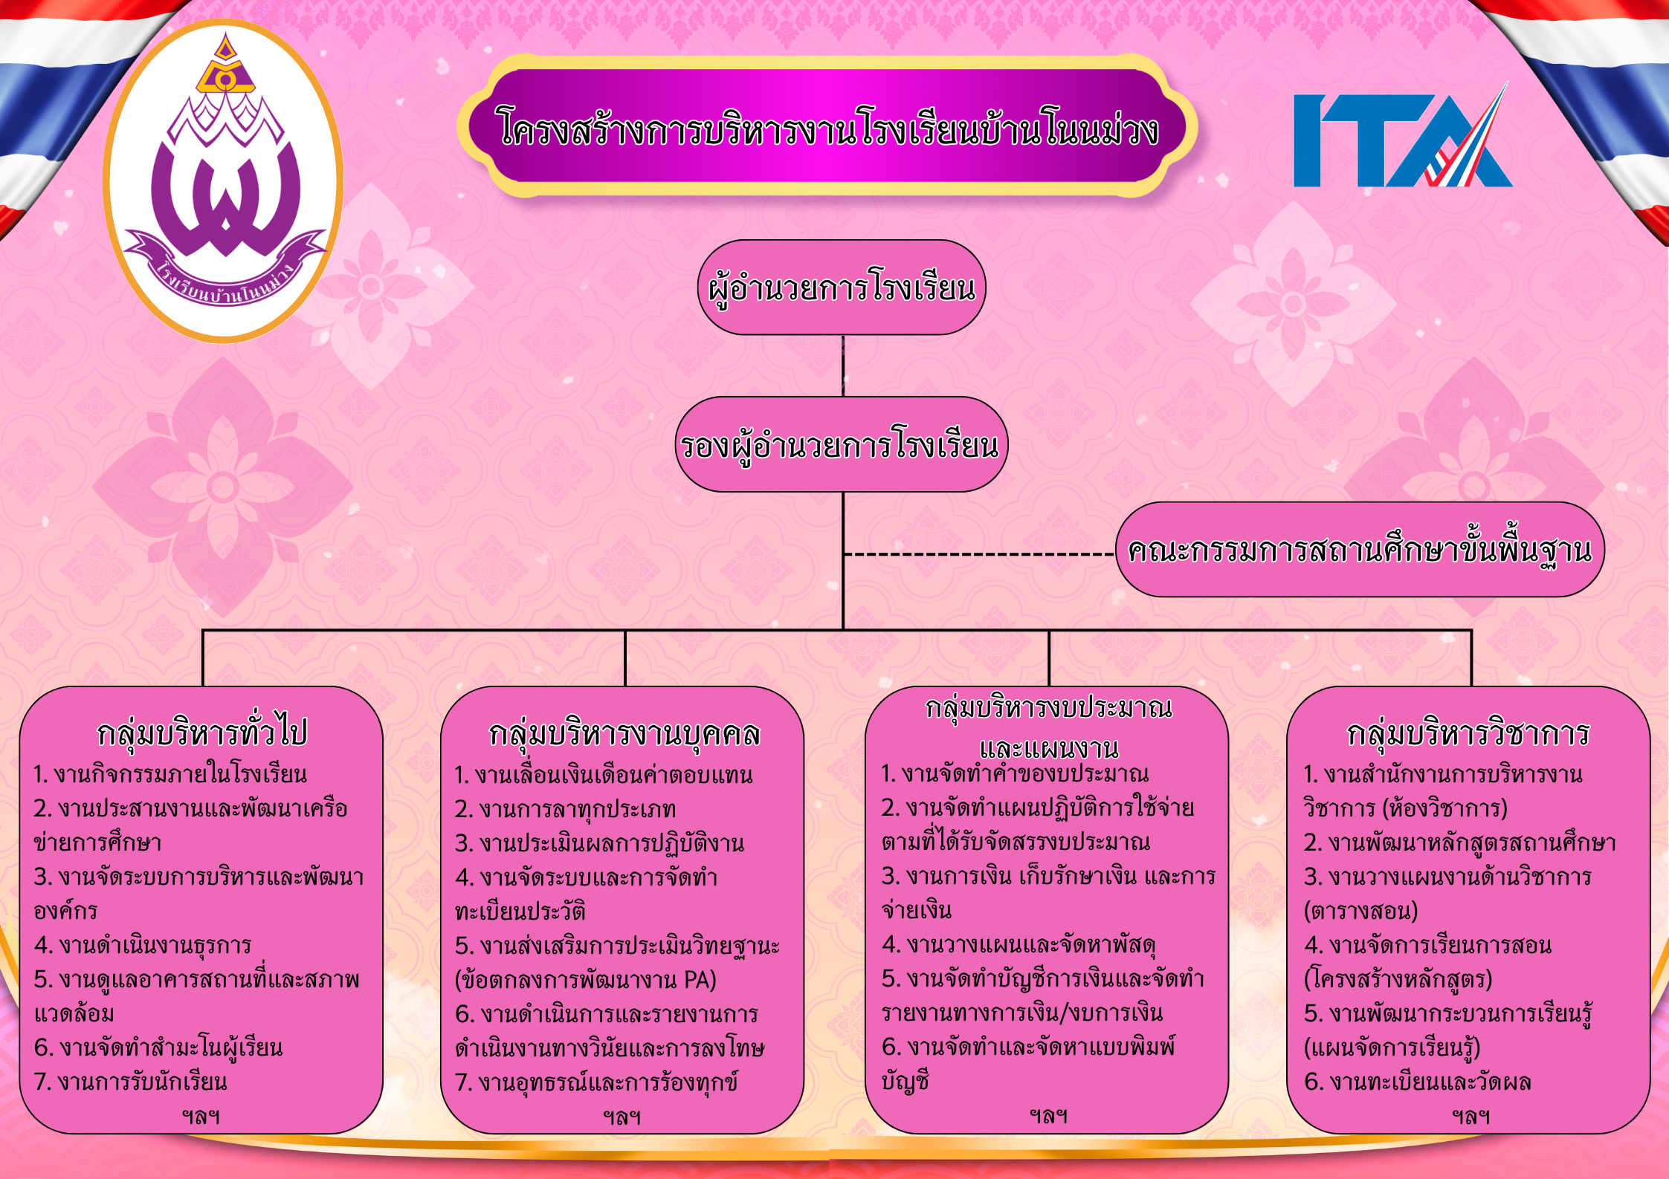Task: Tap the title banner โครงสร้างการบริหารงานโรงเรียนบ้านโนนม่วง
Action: point(827,126)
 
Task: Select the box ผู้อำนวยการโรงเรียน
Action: point(842,288)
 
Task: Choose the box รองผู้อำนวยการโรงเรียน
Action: point(842,444)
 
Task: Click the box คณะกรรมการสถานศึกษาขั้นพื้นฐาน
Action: point(1360,550)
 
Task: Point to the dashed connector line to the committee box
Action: point(980,554)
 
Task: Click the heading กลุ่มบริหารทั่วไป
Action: point(202,732)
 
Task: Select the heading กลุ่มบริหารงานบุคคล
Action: point(624,733)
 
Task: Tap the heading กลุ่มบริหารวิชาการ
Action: point(1468,733)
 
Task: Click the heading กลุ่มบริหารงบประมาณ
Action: point(1048,707)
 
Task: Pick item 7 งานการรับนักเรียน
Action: point(131,1082)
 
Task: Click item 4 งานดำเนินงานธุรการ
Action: point(143,945)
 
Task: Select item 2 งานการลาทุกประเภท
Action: point(565,809)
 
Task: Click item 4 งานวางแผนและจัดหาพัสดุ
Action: point(1018,945)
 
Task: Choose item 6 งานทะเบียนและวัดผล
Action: point(1418,1082)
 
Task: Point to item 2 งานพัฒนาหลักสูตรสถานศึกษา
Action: point(1460,842)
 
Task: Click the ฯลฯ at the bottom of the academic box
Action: point(1471,1116)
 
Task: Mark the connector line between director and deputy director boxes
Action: point(843,366)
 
